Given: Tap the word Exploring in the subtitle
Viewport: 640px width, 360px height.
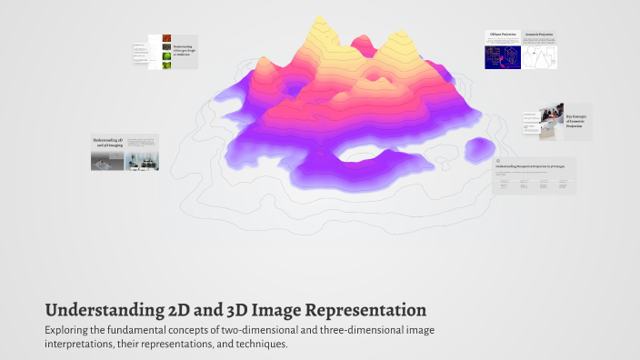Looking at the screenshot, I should point(69,329).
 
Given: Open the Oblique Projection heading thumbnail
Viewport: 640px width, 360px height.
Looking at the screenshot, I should point(503,35).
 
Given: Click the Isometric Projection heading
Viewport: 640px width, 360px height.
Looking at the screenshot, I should point(540,35).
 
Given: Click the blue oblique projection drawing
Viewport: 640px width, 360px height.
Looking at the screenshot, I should point(503,54).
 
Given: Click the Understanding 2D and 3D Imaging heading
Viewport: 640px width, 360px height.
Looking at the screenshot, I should point(106,143).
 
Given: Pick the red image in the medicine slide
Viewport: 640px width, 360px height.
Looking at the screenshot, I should point(166,45).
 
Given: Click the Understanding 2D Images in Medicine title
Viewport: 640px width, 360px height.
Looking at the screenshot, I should point(183,51).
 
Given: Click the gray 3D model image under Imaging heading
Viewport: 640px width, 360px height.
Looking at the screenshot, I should point(107,161).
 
